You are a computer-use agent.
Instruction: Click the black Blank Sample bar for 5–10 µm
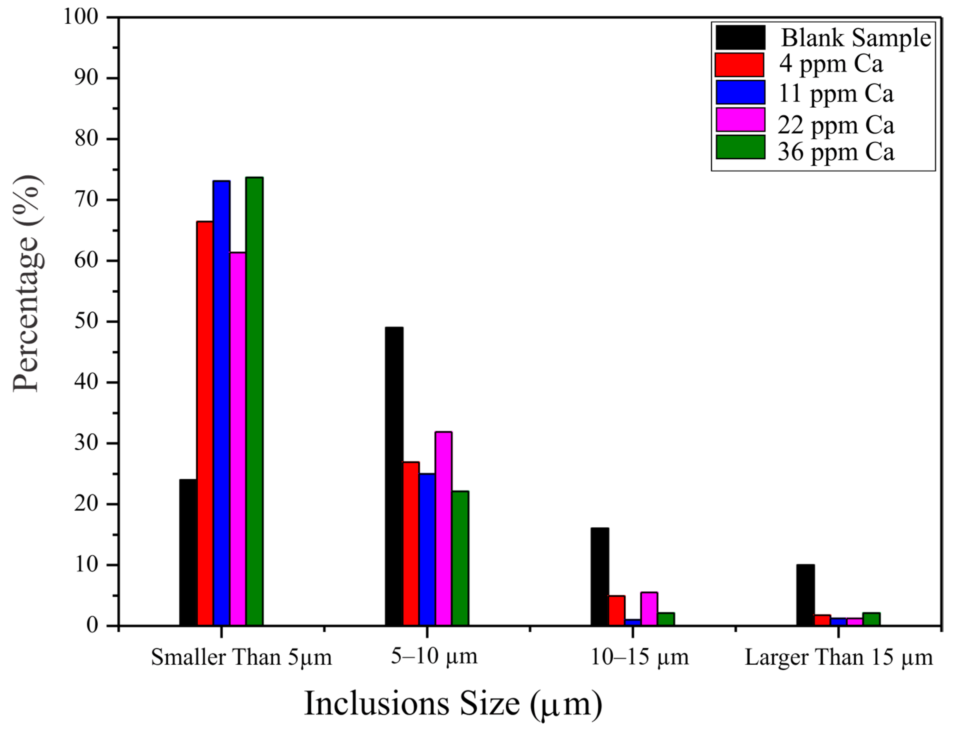tap(394, 475)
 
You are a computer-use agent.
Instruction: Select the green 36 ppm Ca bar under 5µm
tap(254, 401)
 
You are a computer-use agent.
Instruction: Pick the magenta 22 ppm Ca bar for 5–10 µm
tap(443, 528)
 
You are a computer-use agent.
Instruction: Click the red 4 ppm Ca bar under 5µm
tap(205, 423)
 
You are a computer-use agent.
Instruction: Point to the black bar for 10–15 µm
tap(599, 576)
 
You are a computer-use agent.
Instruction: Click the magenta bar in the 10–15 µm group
tap(649, 609)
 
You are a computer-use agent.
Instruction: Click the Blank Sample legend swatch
tap(740, 37)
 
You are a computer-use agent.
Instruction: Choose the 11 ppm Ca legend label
tap(835, 94)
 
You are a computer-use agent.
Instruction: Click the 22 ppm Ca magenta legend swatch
tap(740, 120)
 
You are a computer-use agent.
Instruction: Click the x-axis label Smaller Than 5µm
tap(241, 657)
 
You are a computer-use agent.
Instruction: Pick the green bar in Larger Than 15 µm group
tap(871, 619)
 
